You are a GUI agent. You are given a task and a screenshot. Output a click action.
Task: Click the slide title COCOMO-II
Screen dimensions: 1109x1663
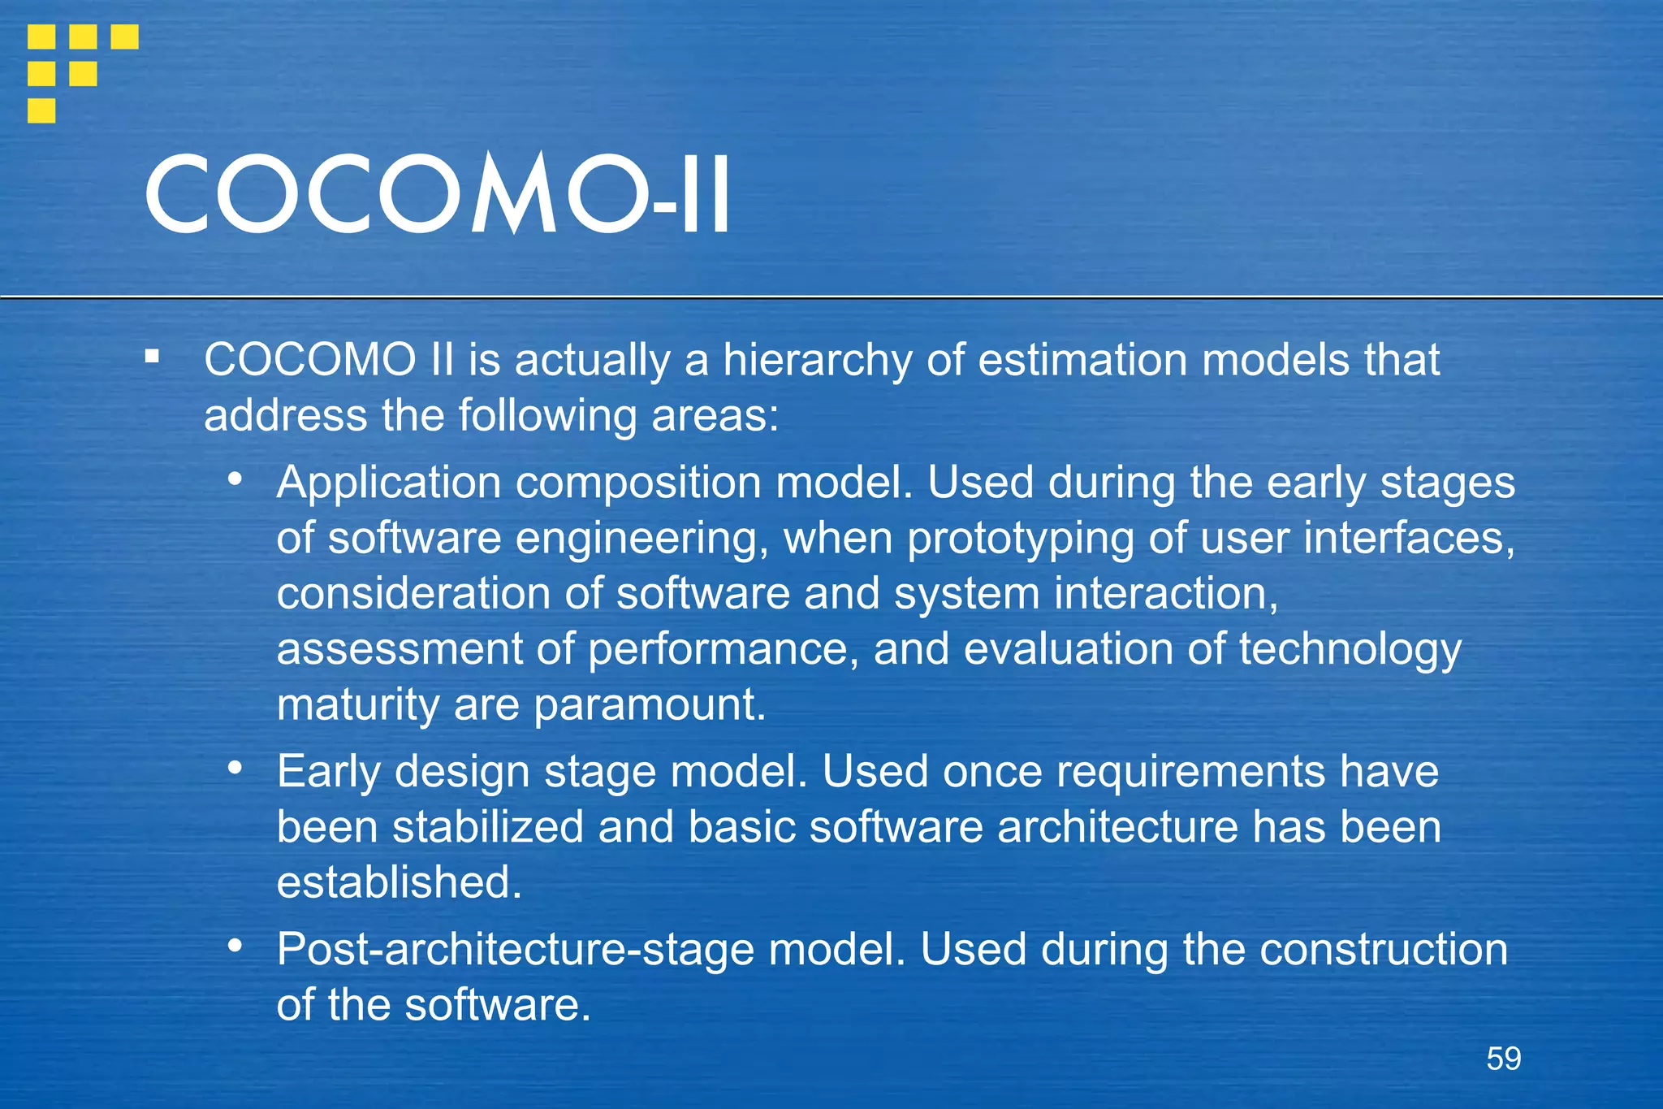(x=437, y=195)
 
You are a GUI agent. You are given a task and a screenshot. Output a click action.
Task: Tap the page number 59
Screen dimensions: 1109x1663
(x=1503, y=1059)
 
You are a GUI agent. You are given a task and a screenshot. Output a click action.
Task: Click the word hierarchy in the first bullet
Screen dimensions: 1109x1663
(x=817, y=361)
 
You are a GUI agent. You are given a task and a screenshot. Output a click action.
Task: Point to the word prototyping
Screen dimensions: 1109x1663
(x=1020, y=539)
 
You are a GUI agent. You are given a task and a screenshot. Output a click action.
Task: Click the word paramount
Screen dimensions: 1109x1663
(x=649, y=705)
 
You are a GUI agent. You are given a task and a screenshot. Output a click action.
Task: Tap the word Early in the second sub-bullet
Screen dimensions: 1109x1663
(x=328, y=772)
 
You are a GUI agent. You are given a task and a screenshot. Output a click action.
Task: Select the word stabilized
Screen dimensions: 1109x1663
(x=488, y=827)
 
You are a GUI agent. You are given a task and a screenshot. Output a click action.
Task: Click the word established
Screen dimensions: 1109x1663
(x=398, y=883)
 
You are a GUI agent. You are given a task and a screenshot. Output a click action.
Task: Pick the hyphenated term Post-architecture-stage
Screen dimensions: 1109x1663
(x=515, y=950)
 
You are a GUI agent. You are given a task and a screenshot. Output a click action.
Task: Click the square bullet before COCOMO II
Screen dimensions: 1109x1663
(x=152, y=357)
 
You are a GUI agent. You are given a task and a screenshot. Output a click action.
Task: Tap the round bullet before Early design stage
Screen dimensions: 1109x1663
(x=235, y=767)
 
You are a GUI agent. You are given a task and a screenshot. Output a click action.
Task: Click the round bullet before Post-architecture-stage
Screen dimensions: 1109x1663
(x=235, y=945)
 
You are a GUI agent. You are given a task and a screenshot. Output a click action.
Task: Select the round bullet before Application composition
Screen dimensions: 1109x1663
(x=235, y=479)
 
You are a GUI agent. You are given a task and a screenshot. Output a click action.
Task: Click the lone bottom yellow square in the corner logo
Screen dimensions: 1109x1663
(x=41, y=110)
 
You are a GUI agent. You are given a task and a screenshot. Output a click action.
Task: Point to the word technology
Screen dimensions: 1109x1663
(x=1350, y=650)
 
